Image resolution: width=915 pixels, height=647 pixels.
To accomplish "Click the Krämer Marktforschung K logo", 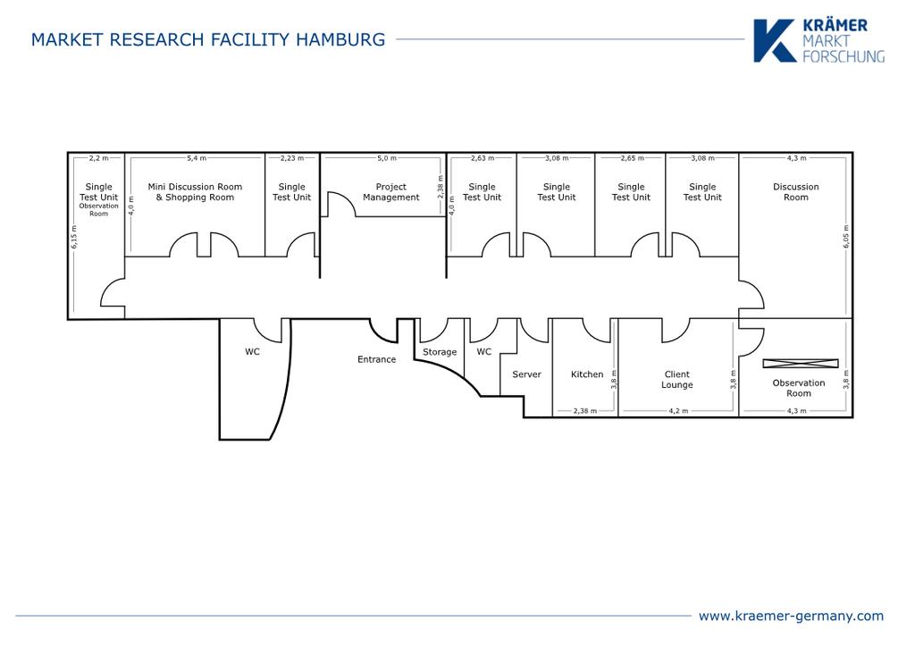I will pos(774,41).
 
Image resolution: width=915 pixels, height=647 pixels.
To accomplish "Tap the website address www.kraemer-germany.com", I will pos(791,616).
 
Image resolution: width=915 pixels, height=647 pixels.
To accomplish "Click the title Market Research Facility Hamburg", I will pos(208,39).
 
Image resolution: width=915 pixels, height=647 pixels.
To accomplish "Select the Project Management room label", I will pos(390,192).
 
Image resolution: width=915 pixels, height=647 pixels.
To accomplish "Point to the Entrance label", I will pos(376,359).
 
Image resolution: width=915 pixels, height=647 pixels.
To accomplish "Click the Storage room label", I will pos(440,352).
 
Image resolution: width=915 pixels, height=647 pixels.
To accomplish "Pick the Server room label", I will pos(526,374).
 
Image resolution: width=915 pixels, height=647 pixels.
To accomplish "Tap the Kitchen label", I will pos(587,374).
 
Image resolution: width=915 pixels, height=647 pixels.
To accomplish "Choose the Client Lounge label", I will pos(677,380).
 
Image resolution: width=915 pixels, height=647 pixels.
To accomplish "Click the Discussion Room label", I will pos(796,192).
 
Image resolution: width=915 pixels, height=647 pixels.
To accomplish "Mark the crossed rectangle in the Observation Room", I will pos(801,363).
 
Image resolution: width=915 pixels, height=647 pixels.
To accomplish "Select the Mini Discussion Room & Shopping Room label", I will pos(195,192).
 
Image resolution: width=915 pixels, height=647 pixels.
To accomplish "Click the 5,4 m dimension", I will pos(196,158).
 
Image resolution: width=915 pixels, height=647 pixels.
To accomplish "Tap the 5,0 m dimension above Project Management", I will pos(386,158).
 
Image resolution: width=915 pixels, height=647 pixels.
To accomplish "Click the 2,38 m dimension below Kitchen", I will pos(585,411).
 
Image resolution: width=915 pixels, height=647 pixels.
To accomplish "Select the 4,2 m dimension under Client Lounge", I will pos(678,411).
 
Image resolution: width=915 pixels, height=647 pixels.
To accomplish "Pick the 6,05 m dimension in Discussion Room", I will pos(845,237).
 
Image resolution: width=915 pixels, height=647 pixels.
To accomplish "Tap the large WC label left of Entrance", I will pos(253,352).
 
